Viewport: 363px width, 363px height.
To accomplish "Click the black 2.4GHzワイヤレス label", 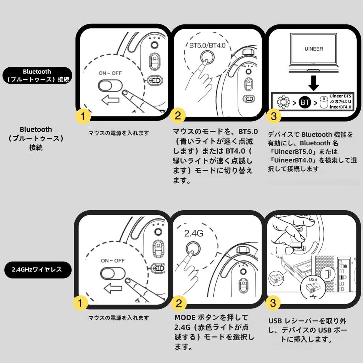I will [x=37, y=269].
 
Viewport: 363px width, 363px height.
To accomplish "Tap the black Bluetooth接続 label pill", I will [x=37, y=76].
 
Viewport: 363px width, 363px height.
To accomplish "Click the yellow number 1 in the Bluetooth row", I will [x=82, y=116].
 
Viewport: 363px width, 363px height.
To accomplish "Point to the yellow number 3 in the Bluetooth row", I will [x=274, y=116].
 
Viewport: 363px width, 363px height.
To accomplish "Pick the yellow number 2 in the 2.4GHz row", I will [x=179, y=303].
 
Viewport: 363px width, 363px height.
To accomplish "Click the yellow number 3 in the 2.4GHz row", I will [x=273, y=303].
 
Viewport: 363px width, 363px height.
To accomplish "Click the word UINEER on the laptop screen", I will [x=314, y=49].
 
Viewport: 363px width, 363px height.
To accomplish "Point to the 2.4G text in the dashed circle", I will [x=193, y=234].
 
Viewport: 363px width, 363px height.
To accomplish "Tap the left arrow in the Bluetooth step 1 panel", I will [x=110, y=101].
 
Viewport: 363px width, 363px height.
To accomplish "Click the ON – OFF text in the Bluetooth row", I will [x=110, y=73].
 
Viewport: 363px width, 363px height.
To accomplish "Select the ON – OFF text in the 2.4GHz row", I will [x=112, y=261].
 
